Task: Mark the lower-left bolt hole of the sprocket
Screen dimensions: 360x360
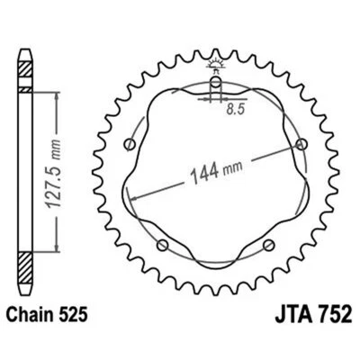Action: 163,245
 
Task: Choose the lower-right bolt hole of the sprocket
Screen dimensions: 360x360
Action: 268,245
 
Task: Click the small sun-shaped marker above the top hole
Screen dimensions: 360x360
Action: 216,62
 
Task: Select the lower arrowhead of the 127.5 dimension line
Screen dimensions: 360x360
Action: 60,253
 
